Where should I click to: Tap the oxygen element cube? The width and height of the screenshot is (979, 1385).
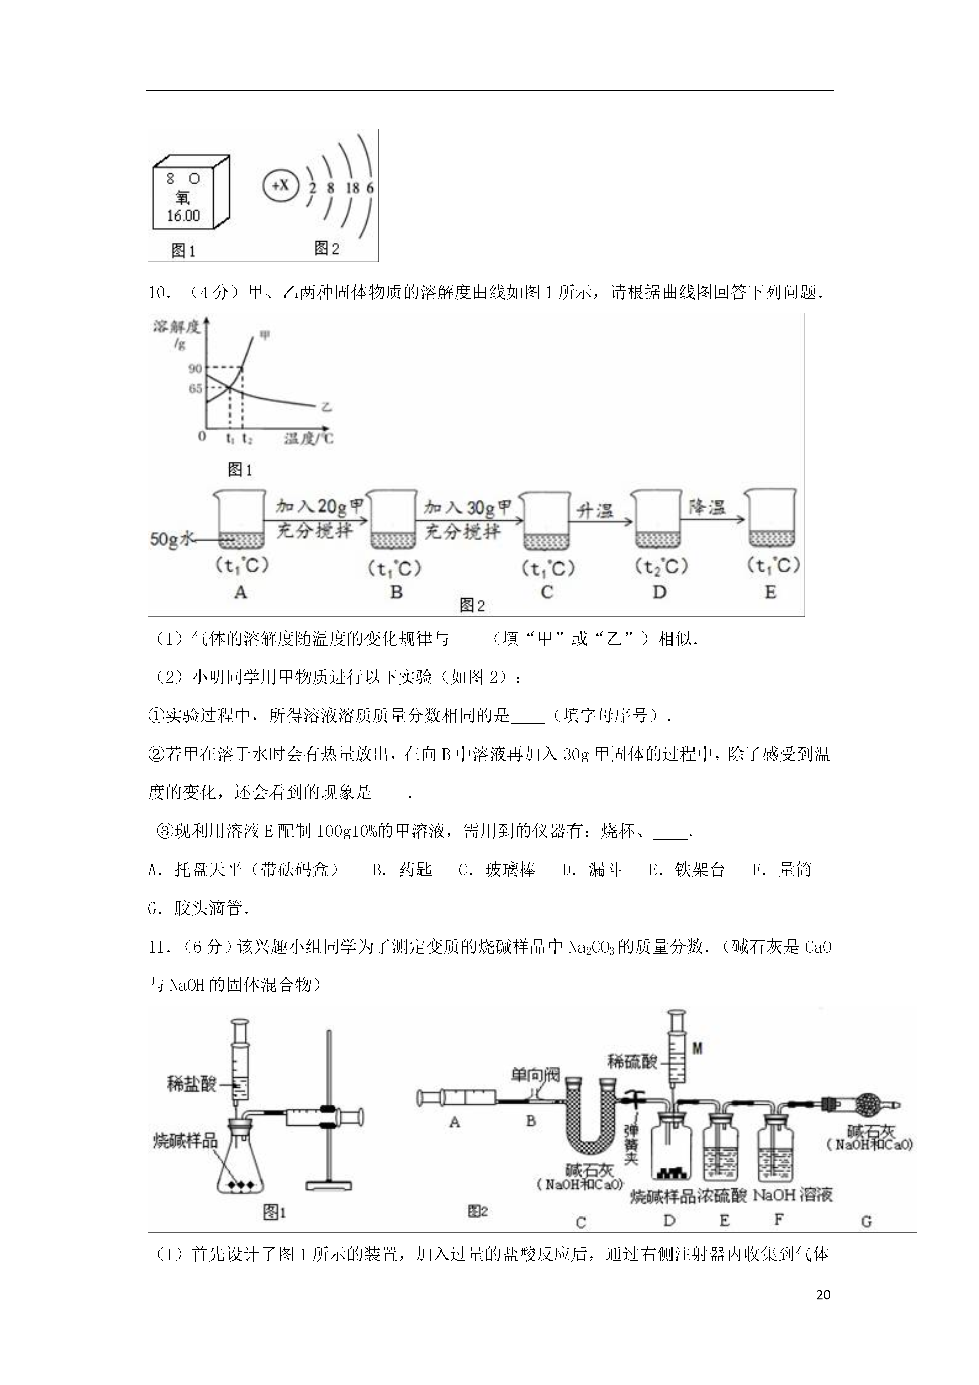click(190, 193)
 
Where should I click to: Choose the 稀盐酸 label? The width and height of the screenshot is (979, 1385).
click(192, 1084)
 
